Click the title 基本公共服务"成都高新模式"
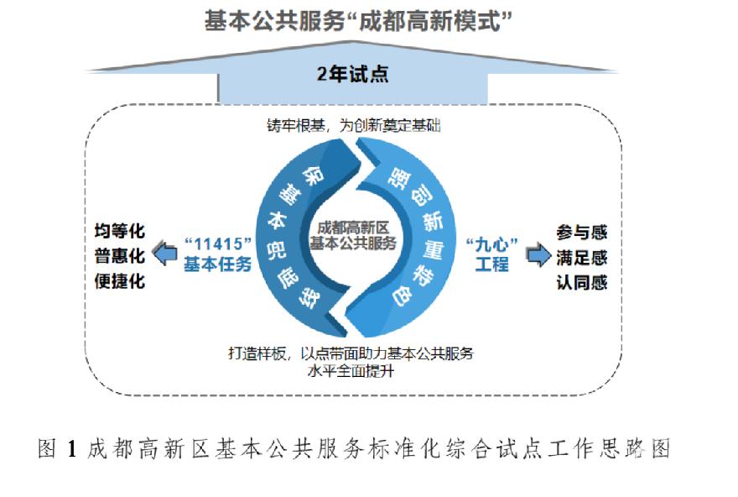[x=358, y=21]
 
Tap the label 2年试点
[x=352, y=74]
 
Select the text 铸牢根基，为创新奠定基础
[x=353, y=125]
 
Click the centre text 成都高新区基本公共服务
[x=353, y=236]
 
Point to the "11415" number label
[x=218, y=244]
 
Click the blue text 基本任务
[x=217, y=264]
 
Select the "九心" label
[x=491, y=244]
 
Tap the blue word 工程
[x=491, y=264]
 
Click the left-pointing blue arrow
[x=165, y=253]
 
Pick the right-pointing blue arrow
[x=538, y=255]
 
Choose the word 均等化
[x=120, y=231]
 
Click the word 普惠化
[x=120, y=256]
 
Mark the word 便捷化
[x=120, y=281]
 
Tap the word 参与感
[x=582, y=233]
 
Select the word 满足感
[x=582, y=258]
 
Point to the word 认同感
[x=582, y=283]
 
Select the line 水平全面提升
[x=351, y=371]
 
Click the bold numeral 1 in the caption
[x=71, y=448]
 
